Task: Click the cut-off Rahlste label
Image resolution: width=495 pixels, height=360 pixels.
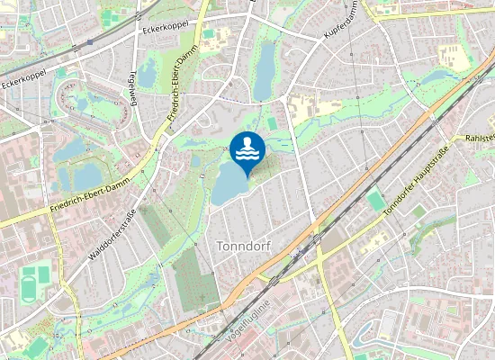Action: pyautogui.click(x=480, y=138)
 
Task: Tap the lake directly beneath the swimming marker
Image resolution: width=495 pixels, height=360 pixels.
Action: pyautogui.click(x=230, y=185)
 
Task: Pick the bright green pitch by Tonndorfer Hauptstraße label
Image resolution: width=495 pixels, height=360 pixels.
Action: pyautogui.click(x=374, y=201)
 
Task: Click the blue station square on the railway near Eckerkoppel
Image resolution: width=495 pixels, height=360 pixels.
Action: pyautogui.click(x=90, y=42)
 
